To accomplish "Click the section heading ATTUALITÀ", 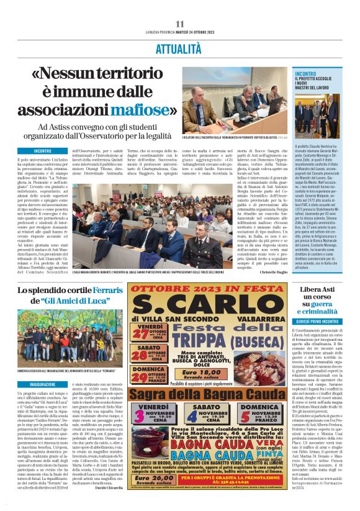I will coord(180,46).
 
